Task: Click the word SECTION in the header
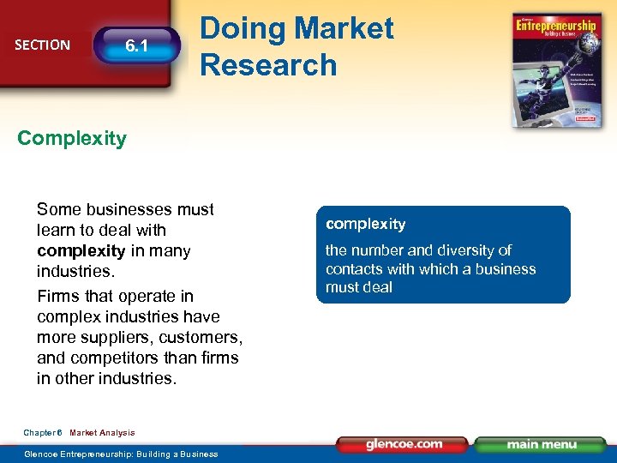click(42, 45)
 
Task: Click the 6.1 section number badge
click(136, 45)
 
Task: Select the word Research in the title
click(268, 64)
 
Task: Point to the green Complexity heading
click(72, 138)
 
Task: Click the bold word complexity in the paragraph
click(81, 251)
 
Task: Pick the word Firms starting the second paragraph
click(57, 296)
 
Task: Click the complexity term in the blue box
click(365, 225)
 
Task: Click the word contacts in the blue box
click(352, 269)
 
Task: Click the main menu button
click(540, 444)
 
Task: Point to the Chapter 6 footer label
click(43, 433)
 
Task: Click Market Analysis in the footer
click(102, 433)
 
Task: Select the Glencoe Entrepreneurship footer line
click(121, 454)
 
